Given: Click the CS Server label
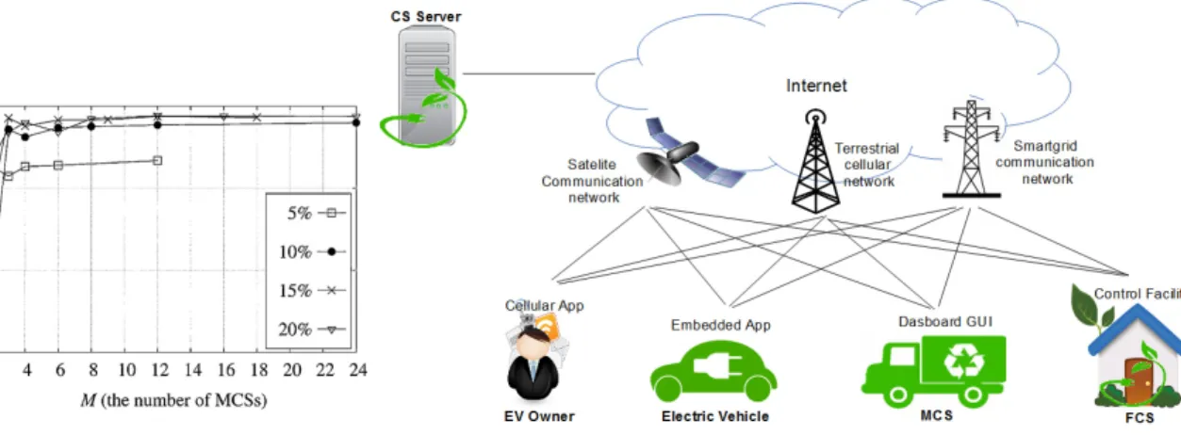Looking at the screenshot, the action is [425, 17].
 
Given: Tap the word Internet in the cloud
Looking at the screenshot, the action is [816, 86].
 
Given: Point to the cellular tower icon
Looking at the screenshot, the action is [815, 161].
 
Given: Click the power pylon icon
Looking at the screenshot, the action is [971, 149].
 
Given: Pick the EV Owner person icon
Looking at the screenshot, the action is [533, 363].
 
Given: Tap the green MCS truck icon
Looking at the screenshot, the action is [934, 372].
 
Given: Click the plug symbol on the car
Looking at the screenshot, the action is [717, 364].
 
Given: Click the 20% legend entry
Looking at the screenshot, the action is [312, 330].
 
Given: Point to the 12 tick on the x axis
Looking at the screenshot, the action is [159, 370].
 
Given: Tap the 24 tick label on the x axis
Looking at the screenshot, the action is [358, 370].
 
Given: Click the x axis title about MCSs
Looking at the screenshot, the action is [174, 401].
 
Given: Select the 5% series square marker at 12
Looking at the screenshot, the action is [157, 160].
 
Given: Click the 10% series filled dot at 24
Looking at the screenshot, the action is [356, 122].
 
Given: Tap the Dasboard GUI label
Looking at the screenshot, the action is [945, 321].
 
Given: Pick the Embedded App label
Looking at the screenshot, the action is [721, 325].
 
